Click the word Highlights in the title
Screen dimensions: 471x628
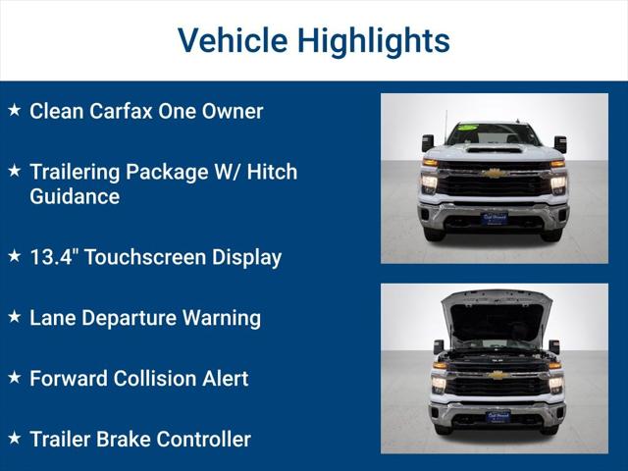373,40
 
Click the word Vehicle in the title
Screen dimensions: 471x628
232,40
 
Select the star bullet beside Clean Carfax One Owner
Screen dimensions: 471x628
14,110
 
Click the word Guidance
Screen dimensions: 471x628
75,196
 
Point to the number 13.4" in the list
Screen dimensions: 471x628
55,257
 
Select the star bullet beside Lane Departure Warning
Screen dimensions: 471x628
14,317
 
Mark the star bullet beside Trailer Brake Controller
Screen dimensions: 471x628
14,439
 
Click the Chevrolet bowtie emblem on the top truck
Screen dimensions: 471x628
495,174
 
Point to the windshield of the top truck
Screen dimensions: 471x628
495,134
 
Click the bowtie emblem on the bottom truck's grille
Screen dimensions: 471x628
497,375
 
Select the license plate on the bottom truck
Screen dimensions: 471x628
497,417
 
